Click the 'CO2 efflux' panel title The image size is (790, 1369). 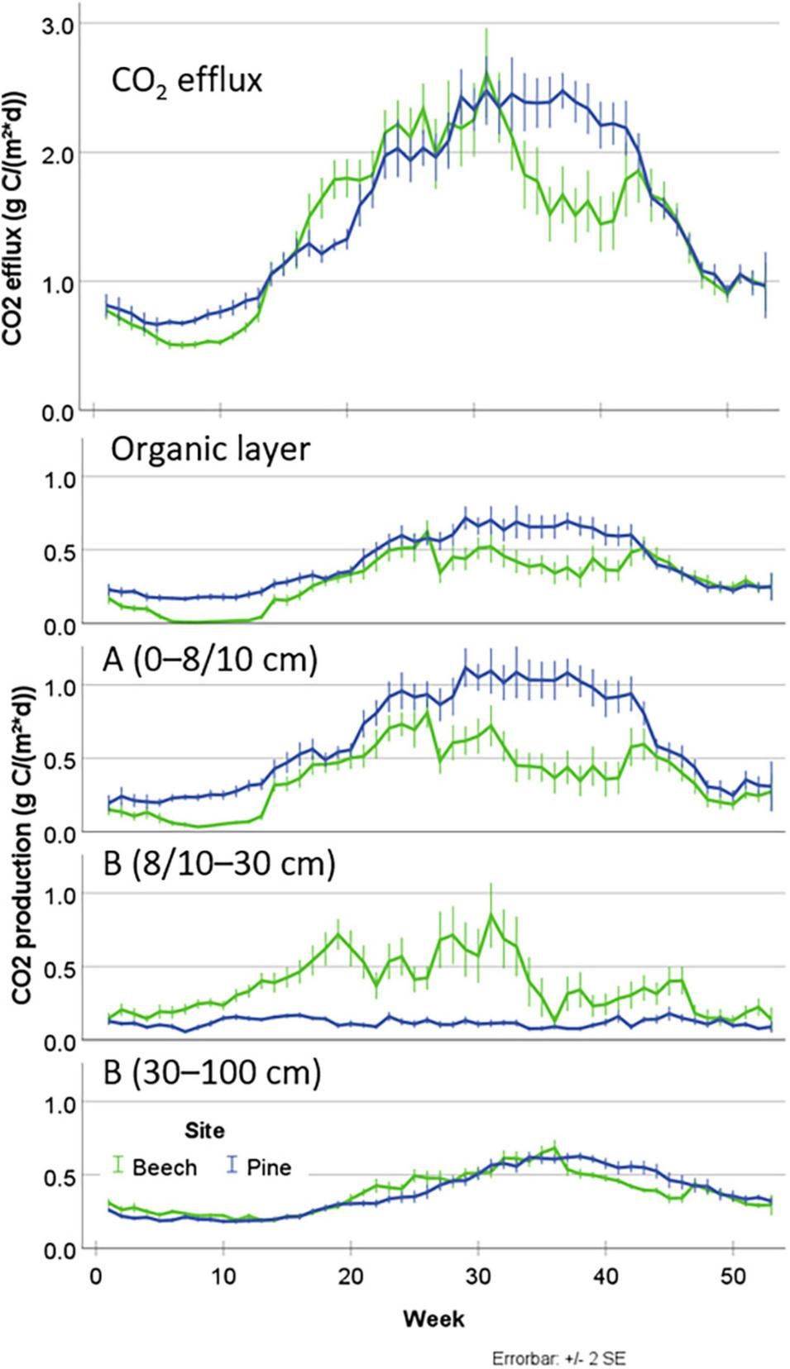(187, 82)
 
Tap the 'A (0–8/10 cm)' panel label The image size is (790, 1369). (210, 661)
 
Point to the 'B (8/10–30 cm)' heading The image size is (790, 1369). (219, 864)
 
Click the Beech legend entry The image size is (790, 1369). (156, 1167)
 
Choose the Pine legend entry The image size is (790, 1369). (259, 1167)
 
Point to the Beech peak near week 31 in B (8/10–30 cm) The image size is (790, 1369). (491, 915)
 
